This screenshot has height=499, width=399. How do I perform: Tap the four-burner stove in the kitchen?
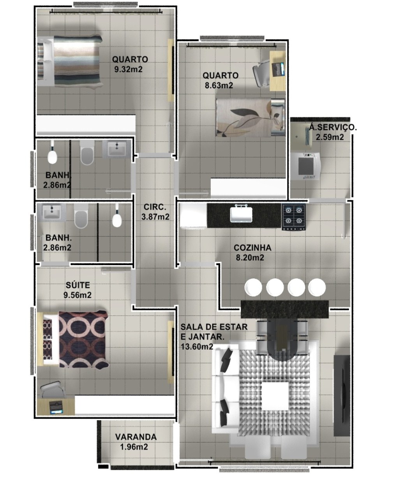(293, 217)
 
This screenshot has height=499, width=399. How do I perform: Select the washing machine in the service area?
(306, 166)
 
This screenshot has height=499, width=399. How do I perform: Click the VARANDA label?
(136, 437)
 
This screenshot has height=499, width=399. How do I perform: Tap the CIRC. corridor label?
(155, 207)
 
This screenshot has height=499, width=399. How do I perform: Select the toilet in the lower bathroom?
(81, 216)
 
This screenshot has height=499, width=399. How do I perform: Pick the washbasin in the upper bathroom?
(117, 149)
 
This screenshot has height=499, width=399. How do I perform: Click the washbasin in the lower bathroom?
(51, 212)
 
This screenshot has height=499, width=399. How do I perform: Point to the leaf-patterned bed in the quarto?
(251, 117)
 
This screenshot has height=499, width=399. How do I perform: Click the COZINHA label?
(252, 248)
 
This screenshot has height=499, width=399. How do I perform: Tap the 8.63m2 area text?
(219, 85)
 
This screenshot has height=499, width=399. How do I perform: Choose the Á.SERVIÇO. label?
(333, 127)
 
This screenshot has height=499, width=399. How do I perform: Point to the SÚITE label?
(78, 285)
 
